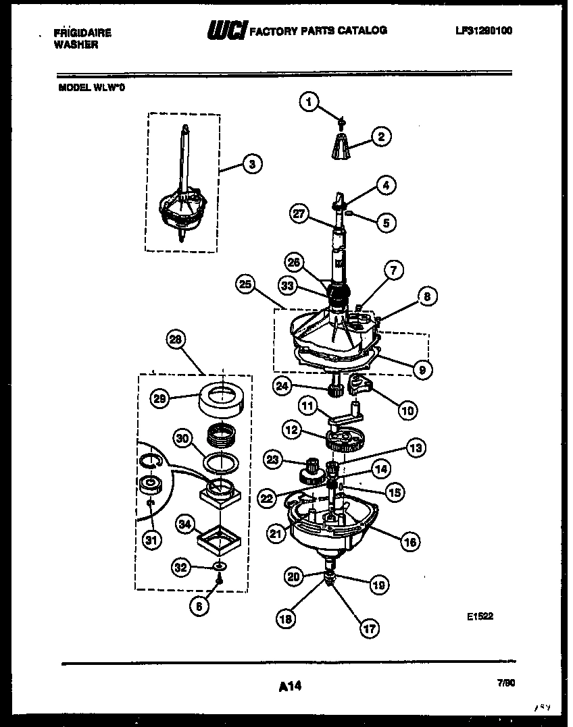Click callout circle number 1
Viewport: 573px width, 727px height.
click(x=309, y=102)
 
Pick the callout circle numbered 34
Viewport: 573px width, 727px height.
click(x=186, y=522)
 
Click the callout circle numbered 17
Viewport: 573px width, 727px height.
click(x=368, y=628)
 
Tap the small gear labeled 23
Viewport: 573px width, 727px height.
click(x=312, y=466)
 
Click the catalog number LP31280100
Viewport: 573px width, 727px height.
click(x=484, y=30)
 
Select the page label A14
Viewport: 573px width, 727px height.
click(x=290, y=686)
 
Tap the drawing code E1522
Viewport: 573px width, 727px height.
click(x=479, y=616)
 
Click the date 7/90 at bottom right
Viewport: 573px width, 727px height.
click(x=506, y=683)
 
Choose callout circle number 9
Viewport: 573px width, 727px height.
click(x=422, y=369)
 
